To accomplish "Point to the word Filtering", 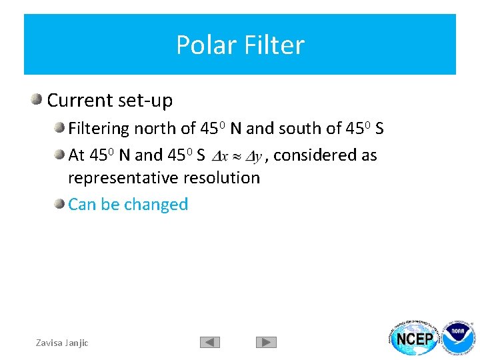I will pyautogui.click(x=99, y=128).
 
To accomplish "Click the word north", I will pyautogui.click(x=155, y=128).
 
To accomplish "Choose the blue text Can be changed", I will pyautogui.click(x=128, y=204).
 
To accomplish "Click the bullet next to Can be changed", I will pyautogui.click(x=60, y=204).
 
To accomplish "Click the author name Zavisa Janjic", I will pyautogui.click(x=61, y=343).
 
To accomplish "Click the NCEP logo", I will pyautogui.click(x=415, y=338).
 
